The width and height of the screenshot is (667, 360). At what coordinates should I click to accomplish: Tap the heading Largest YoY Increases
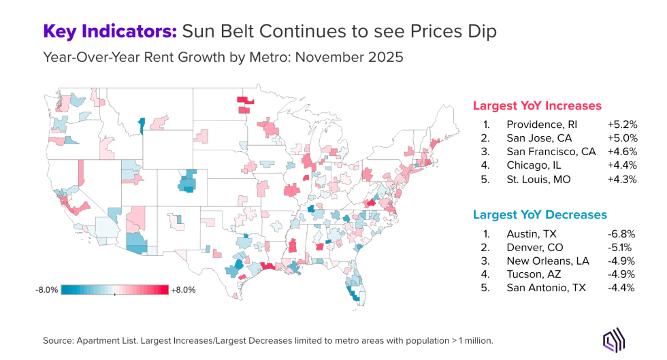tap(537, 105)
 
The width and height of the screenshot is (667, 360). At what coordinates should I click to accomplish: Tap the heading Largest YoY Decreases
tap(540, 214)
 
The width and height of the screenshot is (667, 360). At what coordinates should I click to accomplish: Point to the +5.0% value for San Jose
tap(622, 139)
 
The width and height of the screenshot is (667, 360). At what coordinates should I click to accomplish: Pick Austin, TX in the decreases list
tap(527, 233)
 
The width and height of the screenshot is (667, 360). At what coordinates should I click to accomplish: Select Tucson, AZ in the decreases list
tap(530, 274)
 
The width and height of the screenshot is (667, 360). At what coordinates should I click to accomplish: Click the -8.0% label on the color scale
tap(47, 289)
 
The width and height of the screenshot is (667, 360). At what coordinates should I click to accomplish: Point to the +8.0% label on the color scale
tap(182, 289)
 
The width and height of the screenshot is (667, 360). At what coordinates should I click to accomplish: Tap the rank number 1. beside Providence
tap(487, 125)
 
